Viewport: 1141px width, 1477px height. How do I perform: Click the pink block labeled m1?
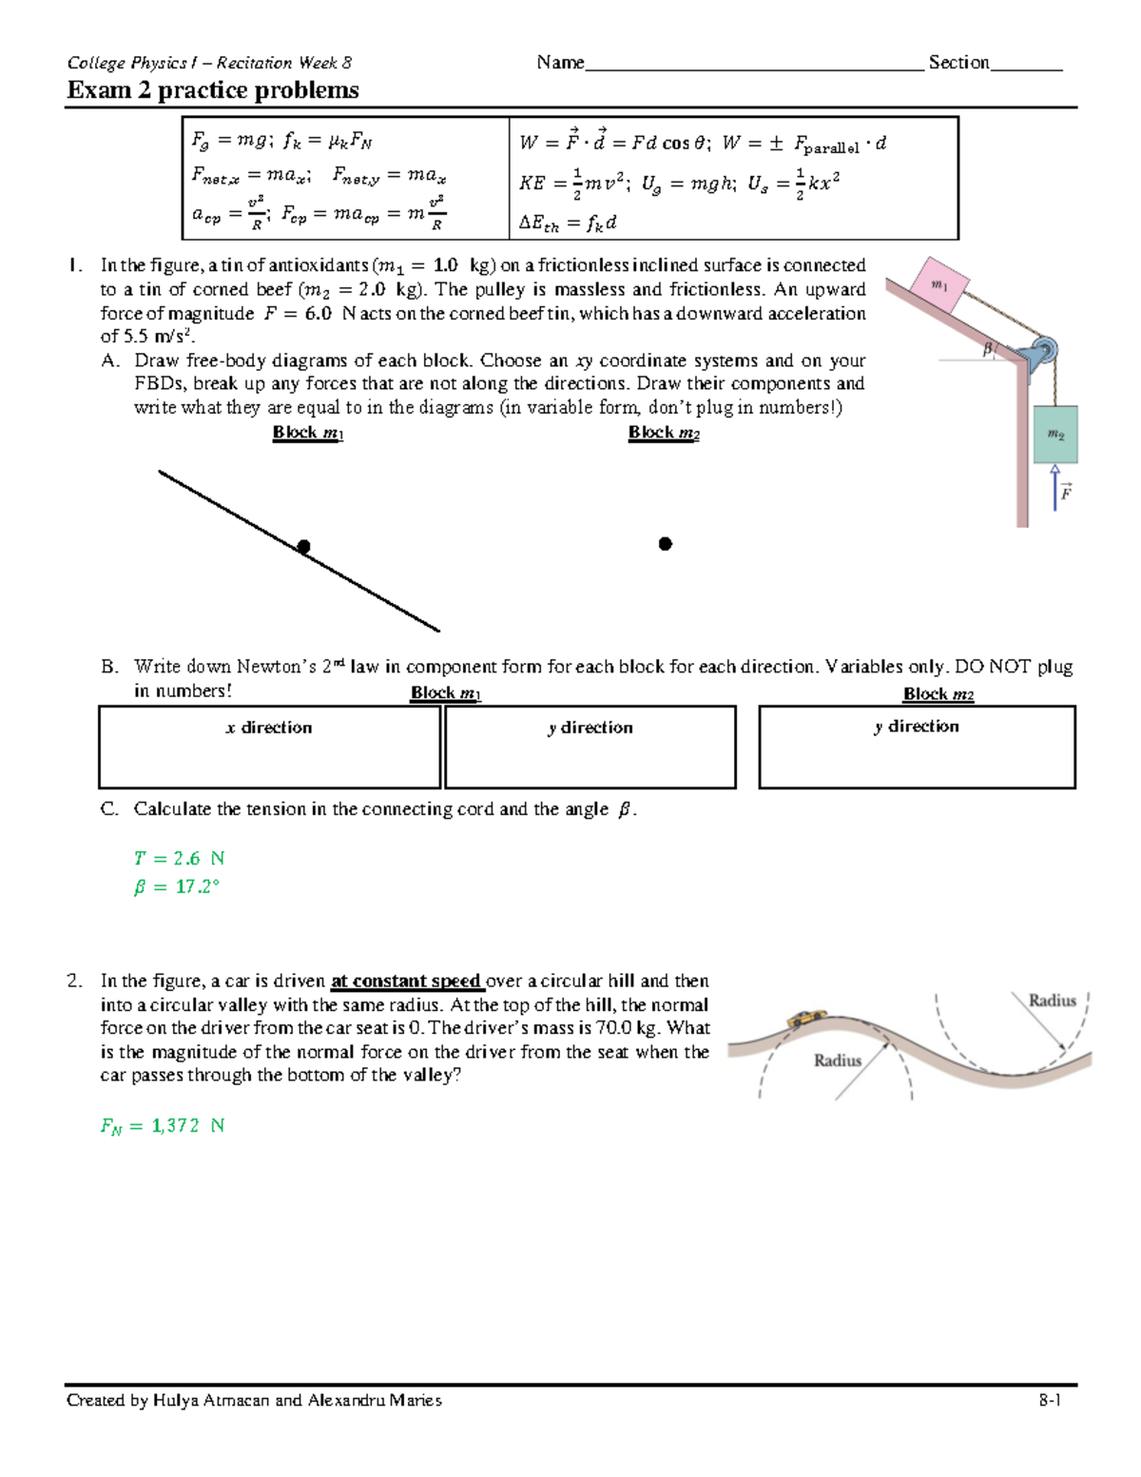(x=939, y=285)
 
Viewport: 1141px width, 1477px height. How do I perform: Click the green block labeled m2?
(x=1055, y=435)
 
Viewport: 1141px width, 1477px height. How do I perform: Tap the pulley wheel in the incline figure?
(x=1042, y=349)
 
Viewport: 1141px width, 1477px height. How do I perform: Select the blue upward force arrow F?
(x=1054, y=487)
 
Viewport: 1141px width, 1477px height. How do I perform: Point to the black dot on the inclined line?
(x=303, y=547)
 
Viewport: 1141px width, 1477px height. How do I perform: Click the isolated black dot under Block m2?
(x=666, y=544)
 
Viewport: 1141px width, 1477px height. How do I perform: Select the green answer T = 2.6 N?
(x=179, y=859)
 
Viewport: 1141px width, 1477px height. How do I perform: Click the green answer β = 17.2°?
(x=176, y=887)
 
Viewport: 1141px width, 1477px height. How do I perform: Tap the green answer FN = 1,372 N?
(x=163, y=1126)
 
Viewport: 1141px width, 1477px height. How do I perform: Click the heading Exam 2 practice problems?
(x=213, y=90)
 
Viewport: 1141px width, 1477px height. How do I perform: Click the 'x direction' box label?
(x=269, y=728)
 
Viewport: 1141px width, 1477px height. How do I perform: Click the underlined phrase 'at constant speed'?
(x=407, y=981)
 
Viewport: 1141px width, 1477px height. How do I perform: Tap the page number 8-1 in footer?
(x=1050, y=1400)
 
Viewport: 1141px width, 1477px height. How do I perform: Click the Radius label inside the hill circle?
(x=837, y=1060)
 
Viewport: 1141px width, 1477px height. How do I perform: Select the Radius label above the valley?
(x=1052, y=1001)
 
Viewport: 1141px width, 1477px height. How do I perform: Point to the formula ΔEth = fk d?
(x=568, y=223)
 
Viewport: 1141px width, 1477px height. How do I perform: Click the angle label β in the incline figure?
(x=987, y=350)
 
